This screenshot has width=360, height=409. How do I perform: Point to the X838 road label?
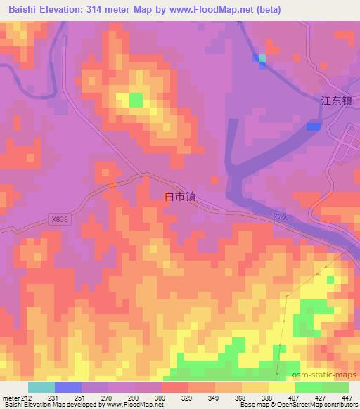(60, 219)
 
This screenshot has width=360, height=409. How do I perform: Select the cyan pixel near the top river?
(263, 57)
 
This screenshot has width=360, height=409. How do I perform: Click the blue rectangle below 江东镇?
(314, 126)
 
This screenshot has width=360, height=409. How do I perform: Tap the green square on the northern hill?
(135, 99)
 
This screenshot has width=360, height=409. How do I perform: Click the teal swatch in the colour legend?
(41, 388)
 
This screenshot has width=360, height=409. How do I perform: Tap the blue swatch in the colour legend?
(67, 388)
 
